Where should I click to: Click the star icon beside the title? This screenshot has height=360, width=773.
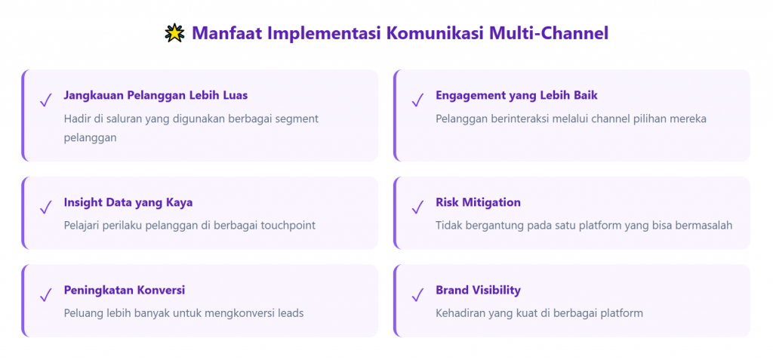tap(174, 33)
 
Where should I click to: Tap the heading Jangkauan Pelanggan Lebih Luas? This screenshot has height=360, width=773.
tap(156, 96)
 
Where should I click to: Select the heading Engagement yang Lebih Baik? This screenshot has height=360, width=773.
tap(516, 96)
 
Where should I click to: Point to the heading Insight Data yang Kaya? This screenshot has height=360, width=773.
tap(128, 203)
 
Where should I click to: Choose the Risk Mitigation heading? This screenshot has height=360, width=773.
tap(478, 202)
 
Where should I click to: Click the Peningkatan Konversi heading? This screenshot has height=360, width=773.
tap(125, 291)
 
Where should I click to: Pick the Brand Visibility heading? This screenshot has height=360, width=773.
tap(478, 291)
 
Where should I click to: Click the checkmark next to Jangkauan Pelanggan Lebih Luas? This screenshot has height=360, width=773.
tap(45, 100)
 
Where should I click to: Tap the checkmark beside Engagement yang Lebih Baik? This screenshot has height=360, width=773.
tap(417, 100)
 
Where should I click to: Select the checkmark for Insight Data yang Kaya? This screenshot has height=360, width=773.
tap(45, 207)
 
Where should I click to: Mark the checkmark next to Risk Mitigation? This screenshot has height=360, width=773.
tap(417, 207)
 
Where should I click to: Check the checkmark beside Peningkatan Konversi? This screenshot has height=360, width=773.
tap(45, 295)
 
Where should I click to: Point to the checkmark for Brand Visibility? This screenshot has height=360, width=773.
tap(417, 295)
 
